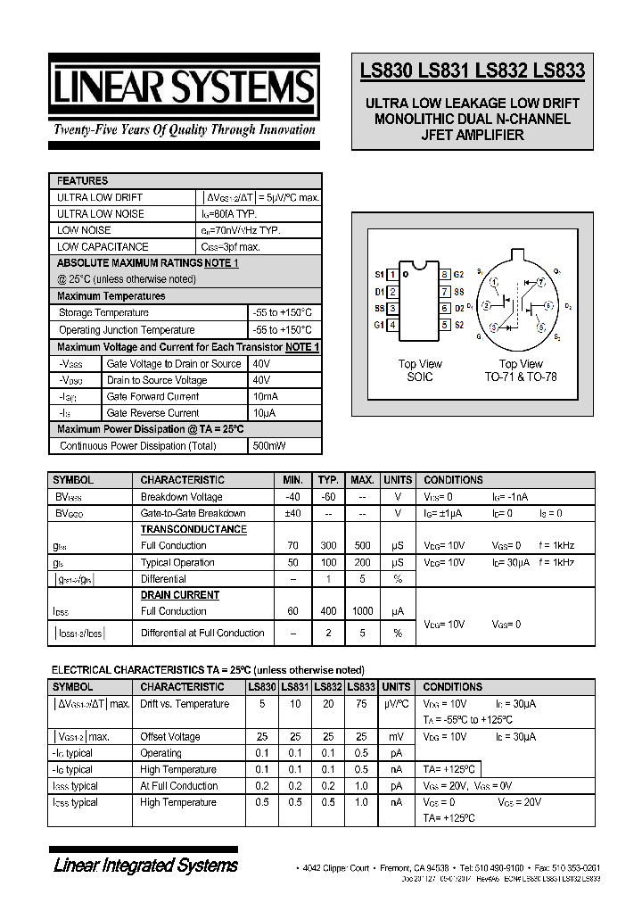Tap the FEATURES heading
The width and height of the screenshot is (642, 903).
[82, 180]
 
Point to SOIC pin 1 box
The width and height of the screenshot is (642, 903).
[393, 274]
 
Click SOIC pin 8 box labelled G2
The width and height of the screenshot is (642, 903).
[444, 274]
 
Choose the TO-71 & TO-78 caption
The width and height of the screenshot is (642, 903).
[521, 377]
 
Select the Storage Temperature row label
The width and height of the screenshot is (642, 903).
[103, 312]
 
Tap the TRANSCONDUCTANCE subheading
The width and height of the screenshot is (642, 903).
[193, 529]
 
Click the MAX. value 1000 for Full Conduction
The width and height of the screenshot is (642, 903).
[362, 611]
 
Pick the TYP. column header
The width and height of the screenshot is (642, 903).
[328, 480]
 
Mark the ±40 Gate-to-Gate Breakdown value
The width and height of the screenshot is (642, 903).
[293, 513]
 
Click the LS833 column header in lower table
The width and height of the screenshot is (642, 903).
[360, 687]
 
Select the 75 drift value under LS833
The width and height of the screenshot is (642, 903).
[360, 704]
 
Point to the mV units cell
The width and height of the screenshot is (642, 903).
[397, 737]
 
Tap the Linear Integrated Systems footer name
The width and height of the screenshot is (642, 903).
[145, 865]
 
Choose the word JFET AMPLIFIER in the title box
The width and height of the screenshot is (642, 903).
[473, 136]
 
